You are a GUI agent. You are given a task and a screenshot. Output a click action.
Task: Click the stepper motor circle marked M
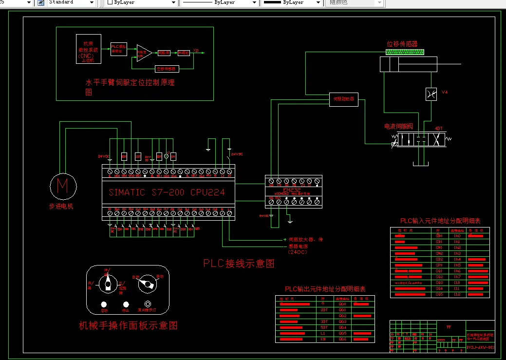coord(63,186)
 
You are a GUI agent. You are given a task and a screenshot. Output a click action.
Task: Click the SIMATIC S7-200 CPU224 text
coord(167,192)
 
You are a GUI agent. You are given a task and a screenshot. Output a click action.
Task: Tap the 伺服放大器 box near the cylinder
coord(344,99)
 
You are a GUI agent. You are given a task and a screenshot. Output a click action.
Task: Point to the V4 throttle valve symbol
coord(431,94)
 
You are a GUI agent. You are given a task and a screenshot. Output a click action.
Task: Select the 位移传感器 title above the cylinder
coord(402,44)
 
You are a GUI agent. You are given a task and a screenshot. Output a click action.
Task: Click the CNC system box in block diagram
coord(89,49)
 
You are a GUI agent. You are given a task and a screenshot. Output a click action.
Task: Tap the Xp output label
coord(196,50)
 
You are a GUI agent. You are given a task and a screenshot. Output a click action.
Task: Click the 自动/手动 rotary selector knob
coord(146,284)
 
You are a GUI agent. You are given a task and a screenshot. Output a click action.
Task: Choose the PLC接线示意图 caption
coord(239,264)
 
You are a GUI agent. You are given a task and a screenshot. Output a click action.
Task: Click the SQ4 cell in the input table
coord(439,288)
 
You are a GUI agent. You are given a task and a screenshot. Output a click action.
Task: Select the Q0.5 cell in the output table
coord(342,333)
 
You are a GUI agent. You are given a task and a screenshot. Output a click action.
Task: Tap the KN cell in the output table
coord(323,339)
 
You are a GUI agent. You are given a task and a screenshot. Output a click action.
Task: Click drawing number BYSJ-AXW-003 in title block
coord(480,347)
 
